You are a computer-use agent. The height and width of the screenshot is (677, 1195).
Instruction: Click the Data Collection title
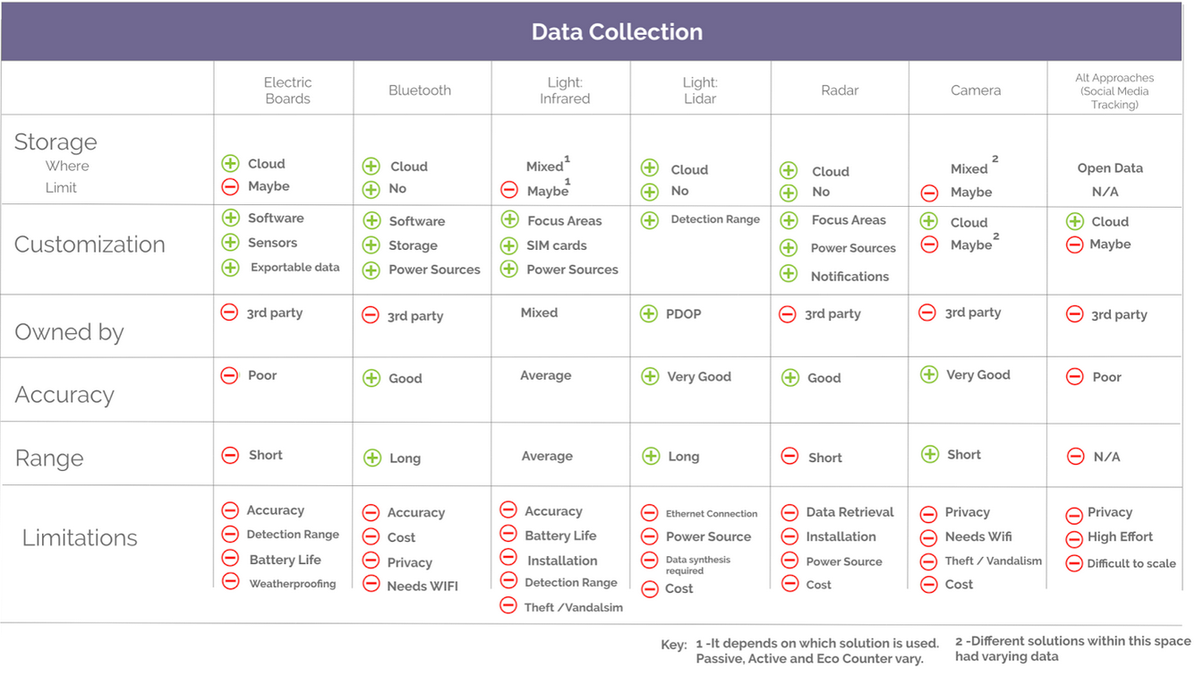click(617, 32)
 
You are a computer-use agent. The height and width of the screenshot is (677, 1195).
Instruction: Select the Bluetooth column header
click(419, 90)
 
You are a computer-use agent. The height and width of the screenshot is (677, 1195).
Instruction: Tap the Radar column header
click(839, 90)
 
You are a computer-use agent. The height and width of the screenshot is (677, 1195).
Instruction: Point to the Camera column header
click(975, 90)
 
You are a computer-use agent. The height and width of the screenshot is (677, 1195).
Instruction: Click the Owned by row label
click(69, 332)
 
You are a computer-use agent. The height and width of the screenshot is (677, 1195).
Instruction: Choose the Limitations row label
click(80, 538)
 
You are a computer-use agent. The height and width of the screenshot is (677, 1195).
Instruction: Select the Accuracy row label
click(64, 395)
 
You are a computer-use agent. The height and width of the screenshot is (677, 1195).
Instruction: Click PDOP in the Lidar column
click(683, 314)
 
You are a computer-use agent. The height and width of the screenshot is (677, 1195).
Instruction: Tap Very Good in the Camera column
click(977, 375)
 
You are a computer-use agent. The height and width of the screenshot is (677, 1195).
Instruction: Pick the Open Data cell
click(1109, 168)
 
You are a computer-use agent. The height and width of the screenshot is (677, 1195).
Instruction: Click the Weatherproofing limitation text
click(292, 584)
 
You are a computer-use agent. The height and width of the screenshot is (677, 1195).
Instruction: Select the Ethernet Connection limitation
click(711, 514)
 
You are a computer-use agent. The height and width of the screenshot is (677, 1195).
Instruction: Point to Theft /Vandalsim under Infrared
click(573, 607)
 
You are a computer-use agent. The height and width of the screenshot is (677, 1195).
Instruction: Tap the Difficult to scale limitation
click(1131, 564)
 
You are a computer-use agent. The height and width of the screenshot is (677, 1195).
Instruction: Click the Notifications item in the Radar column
click(849, 277)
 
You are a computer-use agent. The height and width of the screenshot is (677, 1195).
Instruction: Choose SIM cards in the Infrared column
click(556, 245)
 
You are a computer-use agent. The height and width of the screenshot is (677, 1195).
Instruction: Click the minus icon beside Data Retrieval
click(789, 512)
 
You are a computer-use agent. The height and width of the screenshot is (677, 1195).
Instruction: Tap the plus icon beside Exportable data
click(231, 267)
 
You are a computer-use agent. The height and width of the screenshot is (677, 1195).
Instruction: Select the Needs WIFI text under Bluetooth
click(422, 587)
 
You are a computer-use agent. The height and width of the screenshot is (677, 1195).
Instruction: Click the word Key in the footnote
click(673, 644)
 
